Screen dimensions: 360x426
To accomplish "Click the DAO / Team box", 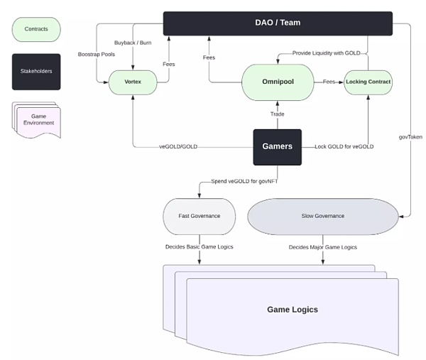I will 277,23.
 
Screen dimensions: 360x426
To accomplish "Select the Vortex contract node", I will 133,82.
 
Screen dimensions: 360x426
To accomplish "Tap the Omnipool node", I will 277,82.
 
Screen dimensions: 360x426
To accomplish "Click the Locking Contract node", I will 368,82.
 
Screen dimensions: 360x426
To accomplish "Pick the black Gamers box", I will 277,146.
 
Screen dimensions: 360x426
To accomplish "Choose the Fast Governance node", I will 199,216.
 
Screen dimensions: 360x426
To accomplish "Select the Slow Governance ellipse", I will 322,216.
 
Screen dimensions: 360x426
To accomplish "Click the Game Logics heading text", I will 292,310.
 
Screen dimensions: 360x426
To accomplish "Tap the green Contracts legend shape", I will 36,30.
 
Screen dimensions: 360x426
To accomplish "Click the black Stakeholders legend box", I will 36,71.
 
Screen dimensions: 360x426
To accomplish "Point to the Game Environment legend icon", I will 37,119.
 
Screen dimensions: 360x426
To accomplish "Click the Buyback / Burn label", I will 133,43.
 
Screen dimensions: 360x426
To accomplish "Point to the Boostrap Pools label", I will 96,54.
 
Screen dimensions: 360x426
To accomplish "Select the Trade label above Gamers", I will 277,114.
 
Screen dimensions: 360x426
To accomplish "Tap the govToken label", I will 411,136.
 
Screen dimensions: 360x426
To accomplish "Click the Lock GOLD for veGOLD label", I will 344,146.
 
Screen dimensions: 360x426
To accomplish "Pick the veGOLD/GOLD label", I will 178,146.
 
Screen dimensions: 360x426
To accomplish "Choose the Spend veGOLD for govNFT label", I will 243,182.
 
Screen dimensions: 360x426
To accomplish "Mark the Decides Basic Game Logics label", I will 199,247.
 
